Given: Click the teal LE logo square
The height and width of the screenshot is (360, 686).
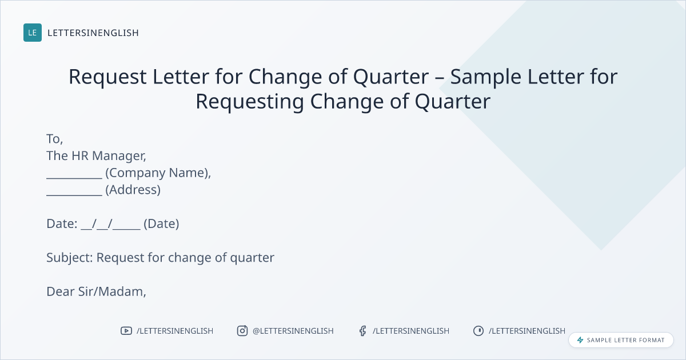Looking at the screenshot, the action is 33,33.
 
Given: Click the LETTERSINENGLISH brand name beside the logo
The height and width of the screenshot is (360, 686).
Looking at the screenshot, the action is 93,33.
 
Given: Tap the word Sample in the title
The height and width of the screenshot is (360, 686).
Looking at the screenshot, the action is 485,77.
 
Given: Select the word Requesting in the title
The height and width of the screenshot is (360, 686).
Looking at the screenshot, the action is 250,102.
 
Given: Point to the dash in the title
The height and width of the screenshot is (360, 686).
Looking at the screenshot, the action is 439,78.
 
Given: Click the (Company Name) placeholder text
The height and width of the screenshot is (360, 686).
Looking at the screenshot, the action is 158,173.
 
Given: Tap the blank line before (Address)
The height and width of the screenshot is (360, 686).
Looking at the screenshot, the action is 74,195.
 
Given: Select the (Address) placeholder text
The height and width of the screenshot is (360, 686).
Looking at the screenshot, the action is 133,190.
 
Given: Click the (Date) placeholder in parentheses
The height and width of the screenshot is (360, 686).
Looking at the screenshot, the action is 161,224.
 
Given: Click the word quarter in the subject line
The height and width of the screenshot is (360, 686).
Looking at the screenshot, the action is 252,258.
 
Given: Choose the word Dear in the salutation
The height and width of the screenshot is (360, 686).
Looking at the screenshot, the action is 61,291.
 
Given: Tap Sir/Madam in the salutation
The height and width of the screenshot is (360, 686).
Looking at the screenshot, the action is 112,291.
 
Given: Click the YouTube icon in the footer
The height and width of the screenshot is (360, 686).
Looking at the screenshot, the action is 126,331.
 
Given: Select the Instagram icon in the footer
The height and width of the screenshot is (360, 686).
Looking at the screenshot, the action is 242,331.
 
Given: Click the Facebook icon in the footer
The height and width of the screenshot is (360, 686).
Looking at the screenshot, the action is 362,331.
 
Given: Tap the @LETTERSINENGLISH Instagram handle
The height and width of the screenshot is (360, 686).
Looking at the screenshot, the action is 293,331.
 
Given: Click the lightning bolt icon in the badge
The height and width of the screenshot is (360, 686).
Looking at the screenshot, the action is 580,340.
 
